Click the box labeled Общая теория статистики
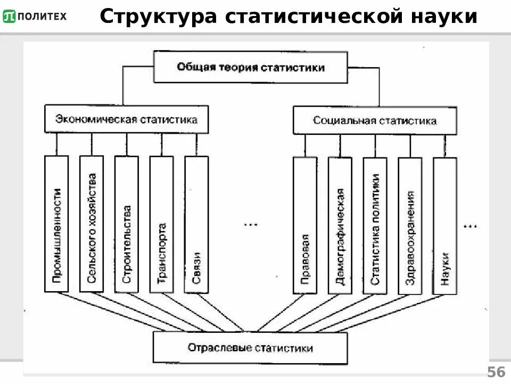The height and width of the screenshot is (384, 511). click(250, 67)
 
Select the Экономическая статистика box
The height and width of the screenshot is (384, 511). click(126, 119)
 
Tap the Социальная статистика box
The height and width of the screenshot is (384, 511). click(375, 121)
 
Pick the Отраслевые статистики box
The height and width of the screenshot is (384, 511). click(250, 348)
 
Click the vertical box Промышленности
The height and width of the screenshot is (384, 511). click(56, 224)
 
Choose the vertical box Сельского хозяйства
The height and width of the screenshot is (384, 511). click(91, 224)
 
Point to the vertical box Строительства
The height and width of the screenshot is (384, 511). click(126, 224)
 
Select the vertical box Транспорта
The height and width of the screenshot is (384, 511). click(161, 224)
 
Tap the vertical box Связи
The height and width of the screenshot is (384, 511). click(196, 224)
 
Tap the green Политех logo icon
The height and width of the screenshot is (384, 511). click(9, 16)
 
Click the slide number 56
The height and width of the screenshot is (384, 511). click(496, 372)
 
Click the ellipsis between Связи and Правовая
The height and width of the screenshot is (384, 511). click(250, 225)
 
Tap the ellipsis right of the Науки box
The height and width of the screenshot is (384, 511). click(471, 226)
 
